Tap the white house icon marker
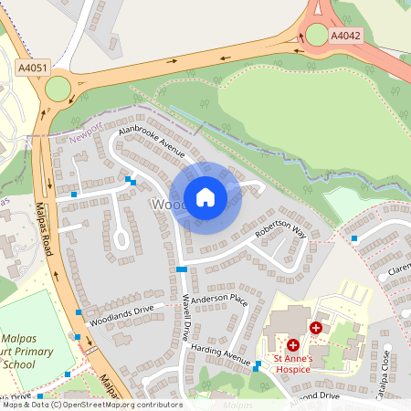[x=205, y=197]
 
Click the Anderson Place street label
[x=220, y=298]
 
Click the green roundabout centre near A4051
[x=58, y=89]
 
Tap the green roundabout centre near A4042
[x=317, y=35]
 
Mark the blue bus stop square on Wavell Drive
[x=182, y=269]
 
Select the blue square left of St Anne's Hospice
[x=258, y=367]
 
